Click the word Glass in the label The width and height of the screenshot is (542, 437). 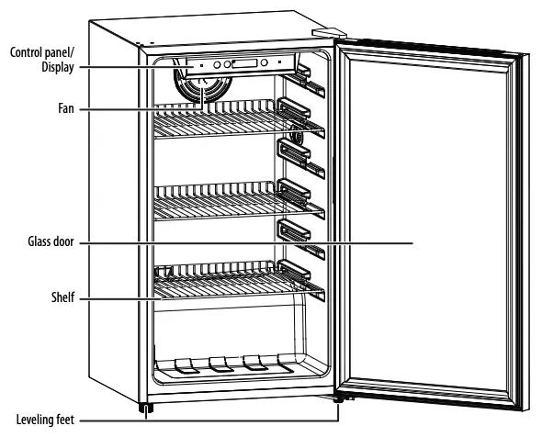pos(41,243)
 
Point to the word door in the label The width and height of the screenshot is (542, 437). pos(65,243)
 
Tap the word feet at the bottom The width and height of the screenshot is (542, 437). pos(67,420)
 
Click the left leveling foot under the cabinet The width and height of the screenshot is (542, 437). pos(144,408)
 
